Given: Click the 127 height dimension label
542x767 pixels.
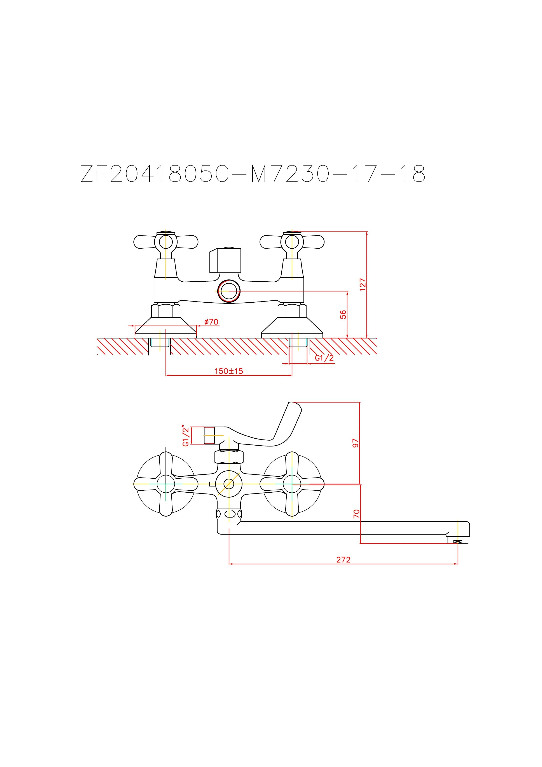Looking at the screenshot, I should pos(363,285).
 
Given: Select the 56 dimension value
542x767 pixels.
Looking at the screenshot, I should pos(343,314).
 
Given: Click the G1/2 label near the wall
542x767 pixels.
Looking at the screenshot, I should pos(324,358).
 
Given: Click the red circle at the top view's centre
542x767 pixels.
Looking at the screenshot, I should pos(229,291).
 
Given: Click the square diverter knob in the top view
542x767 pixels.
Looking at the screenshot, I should pos(225,261).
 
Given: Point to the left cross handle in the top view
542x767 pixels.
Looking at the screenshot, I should pos(166,242).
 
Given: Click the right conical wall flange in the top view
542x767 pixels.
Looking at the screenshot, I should pos(292,327).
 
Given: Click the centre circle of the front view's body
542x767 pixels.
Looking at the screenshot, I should pos(229,483).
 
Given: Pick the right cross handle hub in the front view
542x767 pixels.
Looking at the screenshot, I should pos(292,483).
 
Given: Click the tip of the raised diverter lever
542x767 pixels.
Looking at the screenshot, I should pos(295,406).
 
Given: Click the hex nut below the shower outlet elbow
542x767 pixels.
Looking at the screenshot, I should pos(229,457).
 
